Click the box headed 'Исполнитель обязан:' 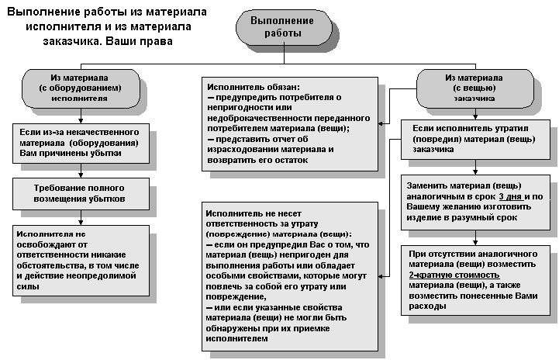(x=289, y=123)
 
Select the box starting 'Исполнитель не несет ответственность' (x=289, y=275)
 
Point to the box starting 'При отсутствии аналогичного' (x=478, y=279)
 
